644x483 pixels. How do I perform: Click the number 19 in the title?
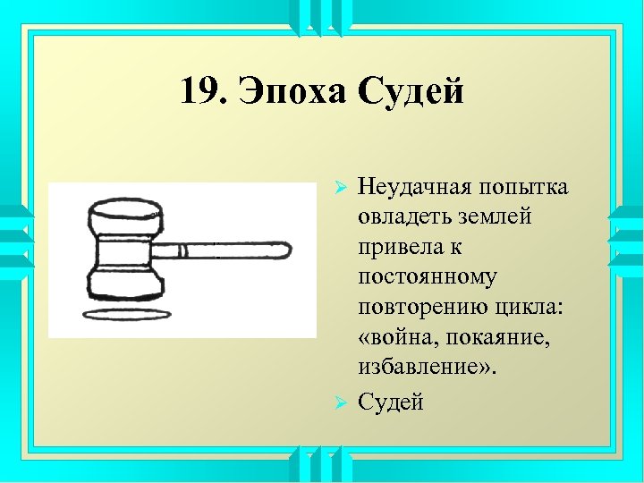click(x=199, y=91)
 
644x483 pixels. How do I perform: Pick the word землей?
click(x=491, y=217)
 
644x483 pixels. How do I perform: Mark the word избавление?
click(x=415, y=367)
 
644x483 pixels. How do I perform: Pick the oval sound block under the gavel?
click(x=126, y=314)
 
